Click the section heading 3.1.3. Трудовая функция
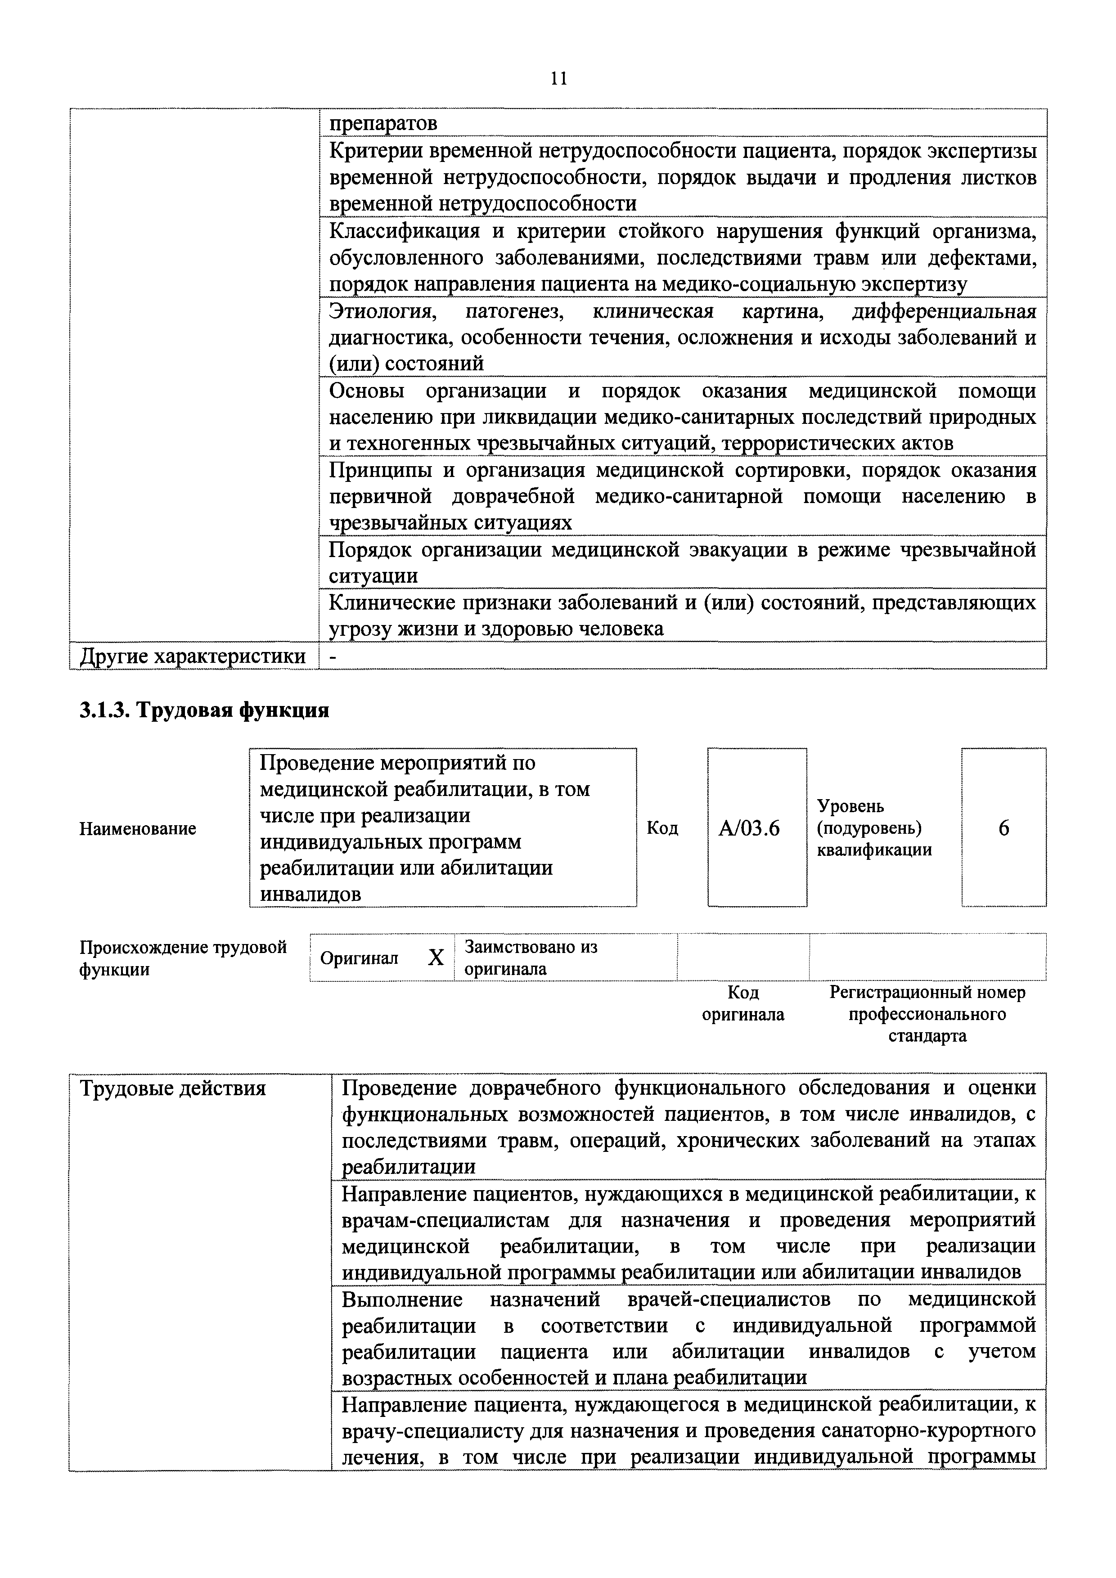pos(204,710)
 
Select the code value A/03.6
pos(749,829)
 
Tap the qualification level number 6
pos(1003,829)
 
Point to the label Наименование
pos(137,829)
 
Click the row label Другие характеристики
pos(193,656)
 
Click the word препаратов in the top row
pos(383,124)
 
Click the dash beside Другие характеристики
pos(333,657)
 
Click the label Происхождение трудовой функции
pos(183,958)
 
